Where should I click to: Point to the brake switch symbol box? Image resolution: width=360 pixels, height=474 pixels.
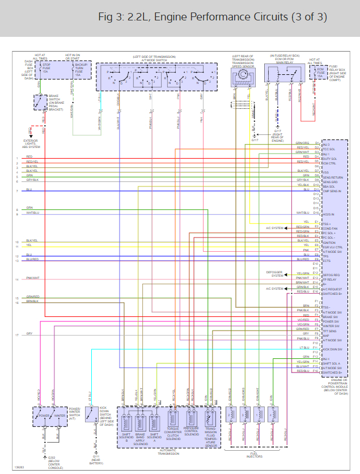40,102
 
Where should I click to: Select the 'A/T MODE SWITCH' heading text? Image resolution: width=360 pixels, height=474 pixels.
154,60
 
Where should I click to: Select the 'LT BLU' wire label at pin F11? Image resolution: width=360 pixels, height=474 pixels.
304,348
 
